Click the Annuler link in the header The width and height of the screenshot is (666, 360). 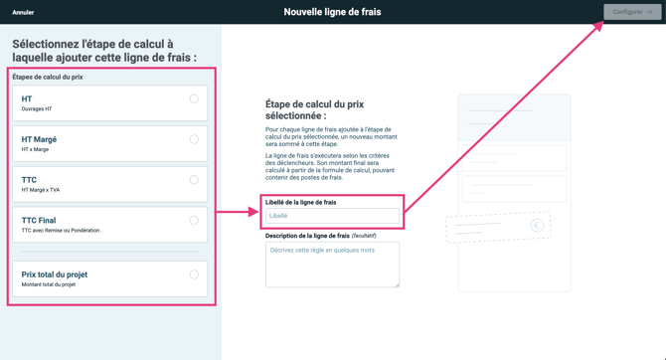[23, 13]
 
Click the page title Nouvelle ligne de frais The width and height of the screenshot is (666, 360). [332, 12]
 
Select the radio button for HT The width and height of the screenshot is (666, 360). [194, 98]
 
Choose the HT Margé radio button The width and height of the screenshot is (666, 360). [194, 139]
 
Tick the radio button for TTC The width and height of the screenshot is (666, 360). [194, 180]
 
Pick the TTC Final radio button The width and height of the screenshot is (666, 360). [194, 221]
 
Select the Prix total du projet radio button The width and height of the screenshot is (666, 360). [194, 274]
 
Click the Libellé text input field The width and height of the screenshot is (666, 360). [332, 216]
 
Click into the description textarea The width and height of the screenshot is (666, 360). [332, 265]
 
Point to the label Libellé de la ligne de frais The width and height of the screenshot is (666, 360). [300, 202]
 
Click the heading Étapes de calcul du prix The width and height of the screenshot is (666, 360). [48, 77]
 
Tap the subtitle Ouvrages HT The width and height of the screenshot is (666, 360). [37, 108]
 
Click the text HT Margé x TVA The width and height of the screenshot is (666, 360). [41, 190]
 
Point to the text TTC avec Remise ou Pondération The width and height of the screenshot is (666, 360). [61, 231]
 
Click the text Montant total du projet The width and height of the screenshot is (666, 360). [49, 284]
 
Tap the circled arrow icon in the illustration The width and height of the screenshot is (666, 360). [537, 226]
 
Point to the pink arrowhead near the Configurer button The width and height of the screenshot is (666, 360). [599, 26]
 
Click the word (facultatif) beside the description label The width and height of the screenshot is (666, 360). [364, 236]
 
